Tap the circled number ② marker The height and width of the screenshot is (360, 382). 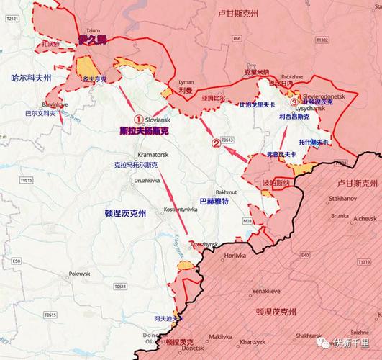(x=215, y=143)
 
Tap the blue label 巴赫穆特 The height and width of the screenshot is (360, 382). (x=214, y=202)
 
